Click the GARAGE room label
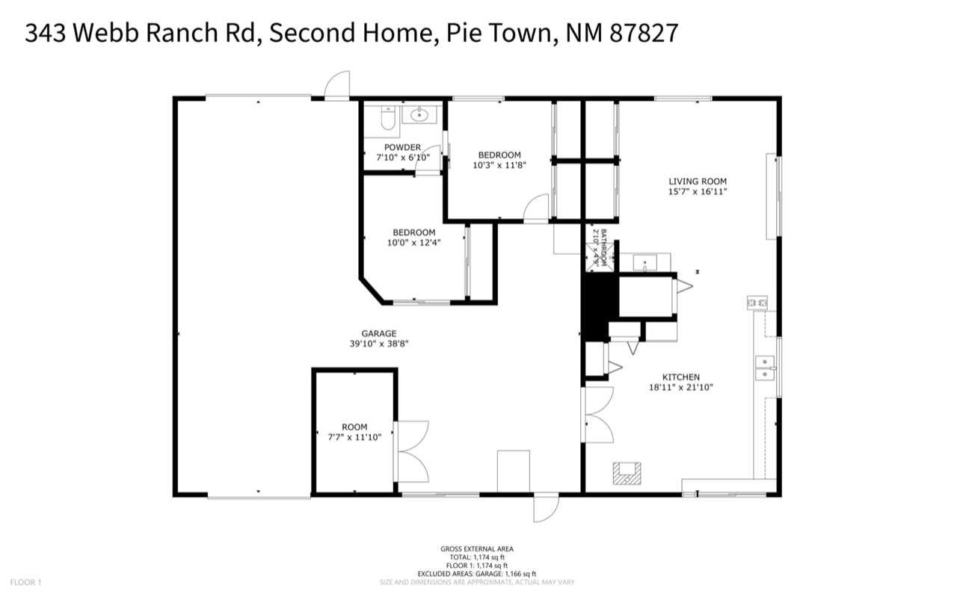tap(378, 334)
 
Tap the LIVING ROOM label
tap(697, 181)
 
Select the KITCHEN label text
tap(680, 377)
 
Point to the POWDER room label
tap(402, 147)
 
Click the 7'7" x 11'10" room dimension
tap(354, 437)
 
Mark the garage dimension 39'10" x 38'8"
tap(378, 344)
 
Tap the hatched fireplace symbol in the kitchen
tap(626, 473)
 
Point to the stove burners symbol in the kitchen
tap(757, 303)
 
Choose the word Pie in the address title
tap(457, 34)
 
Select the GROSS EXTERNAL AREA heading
tap(477, 549)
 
